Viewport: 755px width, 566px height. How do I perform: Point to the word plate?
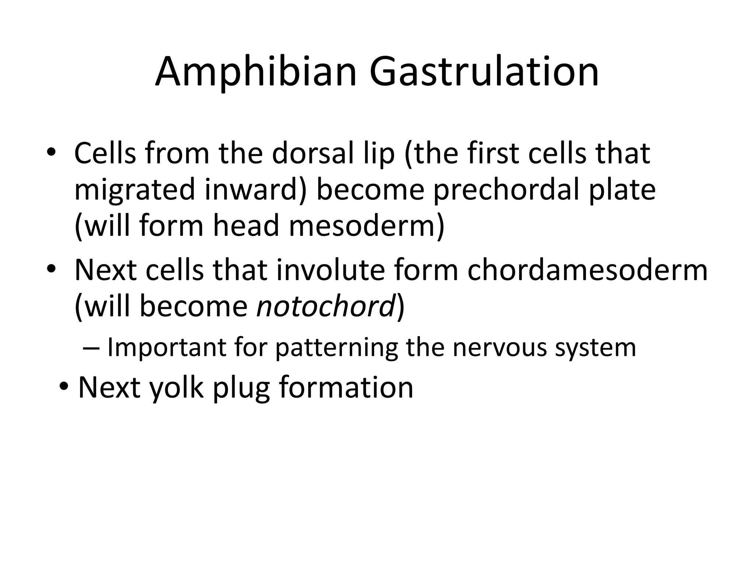pos(622,190)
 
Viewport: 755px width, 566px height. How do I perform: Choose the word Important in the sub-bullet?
pos(167,347)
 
